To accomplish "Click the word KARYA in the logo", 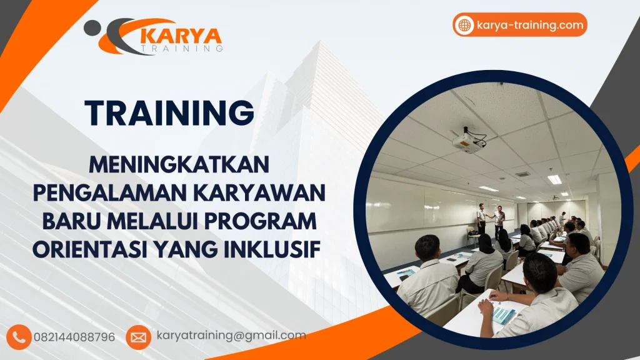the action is pos(181,37).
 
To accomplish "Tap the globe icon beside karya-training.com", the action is pos(464,25).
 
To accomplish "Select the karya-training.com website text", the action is pos(530,25).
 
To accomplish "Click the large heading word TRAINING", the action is pos(169,112).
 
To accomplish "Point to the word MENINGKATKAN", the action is pos(179,164).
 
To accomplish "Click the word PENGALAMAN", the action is pos(110,193).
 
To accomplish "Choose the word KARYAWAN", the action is pos(259,193).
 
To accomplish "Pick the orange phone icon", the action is pos(19,337).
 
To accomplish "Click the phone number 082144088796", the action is pos(74,337).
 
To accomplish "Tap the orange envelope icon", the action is pos(138,337).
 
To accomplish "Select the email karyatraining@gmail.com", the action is pos(231,336).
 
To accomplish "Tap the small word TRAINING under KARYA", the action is pos(181,49).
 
